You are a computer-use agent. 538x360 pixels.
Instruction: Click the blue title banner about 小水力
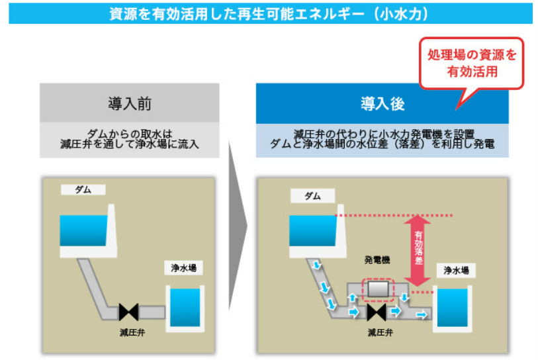click(271, 14)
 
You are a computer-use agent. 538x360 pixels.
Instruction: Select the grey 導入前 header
click(129, 103)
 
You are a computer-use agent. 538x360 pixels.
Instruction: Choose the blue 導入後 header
click(382, 104)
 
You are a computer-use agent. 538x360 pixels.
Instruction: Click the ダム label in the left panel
click(83, 190)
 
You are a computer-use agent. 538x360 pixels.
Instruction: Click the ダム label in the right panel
click(312, 196)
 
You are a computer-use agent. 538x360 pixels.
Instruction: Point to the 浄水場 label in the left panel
click(183, 268)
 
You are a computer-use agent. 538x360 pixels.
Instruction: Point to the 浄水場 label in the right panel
click(456, 271)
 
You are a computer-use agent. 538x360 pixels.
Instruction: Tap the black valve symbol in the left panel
click(128, 312)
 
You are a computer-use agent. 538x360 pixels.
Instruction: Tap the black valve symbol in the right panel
click(377, 312)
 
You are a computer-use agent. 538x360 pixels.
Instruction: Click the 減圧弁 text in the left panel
click(132, 332)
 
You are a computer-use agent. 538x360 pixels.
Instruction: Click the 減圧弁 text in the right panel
click(380, 332)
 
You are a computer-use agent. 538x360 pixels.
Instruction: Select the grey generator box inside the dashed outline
click(378, 289)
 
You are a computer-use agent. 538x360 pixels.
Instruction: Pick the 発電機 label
click(377, 260)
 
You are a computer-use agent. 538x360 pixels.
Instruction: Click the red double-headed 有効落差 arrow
click(418, 250)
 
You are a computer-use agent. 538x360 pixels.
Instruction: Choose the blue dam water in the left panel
click(83, 230)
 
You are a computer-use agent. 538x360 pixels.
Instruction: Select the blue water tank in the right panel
click(452, 308)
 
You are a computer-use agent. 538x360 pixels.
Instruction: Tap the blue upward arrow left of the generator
click(352, 297)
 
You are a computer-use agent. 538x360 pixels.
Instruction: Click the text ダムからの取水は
click(129, 134)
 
